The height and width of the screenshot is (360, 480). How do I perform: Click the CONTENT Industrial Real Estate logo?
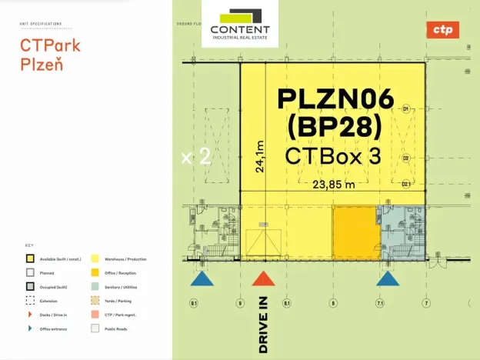coord(240,24)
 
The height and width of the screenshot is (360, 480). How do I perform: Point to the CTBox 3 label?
coord(333,155)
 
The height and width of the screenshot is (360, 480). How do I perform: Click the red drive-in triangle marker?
coord(263,278)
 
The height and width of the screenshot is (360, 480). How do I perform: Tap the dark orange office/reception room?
coord(355,233)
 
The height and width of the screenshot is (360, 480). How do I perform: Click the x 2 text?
coord(195,157)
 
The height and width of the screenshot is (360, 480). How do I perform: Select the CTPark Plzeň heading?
coord(50,54)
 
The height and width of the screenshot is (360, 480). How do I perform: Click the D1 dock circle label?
coord(405,109)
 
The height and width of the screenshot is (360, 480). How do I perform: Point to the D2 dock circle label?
coord(405,158)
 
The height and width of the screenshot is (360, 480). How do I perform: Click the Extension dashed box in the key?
coord(30,300)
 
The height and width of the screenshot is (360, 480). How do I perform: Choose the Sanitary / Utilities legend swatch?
coord(95,286)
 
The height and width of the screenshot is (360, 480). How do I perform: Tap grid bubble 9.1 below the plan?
coord(194,304)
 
